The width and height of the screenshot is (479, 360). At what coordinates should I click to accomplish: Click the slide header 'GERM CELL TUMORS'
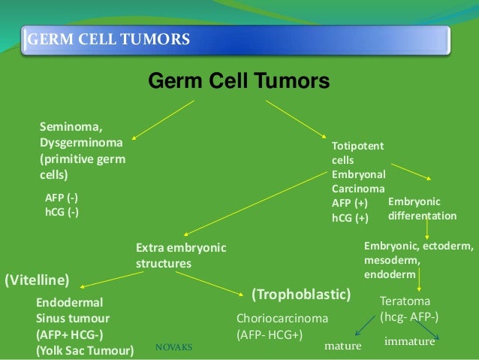108,38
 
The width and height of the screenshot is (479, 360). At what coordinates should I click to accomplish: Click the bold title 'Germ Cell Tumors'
238,80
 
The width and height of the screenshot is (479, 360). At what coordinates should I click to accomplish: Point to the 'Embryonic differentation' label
422,209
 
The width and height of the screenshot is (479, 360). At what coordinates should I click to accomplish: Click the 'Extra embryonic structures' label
180,256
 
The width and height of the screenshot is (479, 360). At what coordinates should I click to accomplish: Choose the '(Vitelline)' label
37,281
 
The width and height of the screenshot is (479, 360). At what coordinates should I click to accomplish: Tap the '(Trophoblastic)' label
301,292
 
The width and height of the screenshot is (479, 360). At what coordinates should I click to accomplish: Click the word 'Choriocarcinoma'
282,318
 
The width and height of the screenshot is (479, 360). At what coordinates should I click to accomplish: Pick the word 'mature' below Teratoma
342,346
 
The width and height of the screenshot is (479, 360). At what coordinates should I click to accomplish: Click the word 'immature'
410,341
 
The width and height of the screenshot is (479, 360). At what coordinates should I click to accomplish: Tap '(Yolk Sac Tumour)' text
85,350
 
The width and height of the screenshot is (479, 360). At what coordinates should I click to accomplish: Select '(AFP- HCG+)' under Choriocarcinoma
270,334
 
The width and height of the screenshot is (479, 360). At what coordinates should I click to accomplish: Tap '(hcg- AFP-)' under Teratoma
409,316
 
